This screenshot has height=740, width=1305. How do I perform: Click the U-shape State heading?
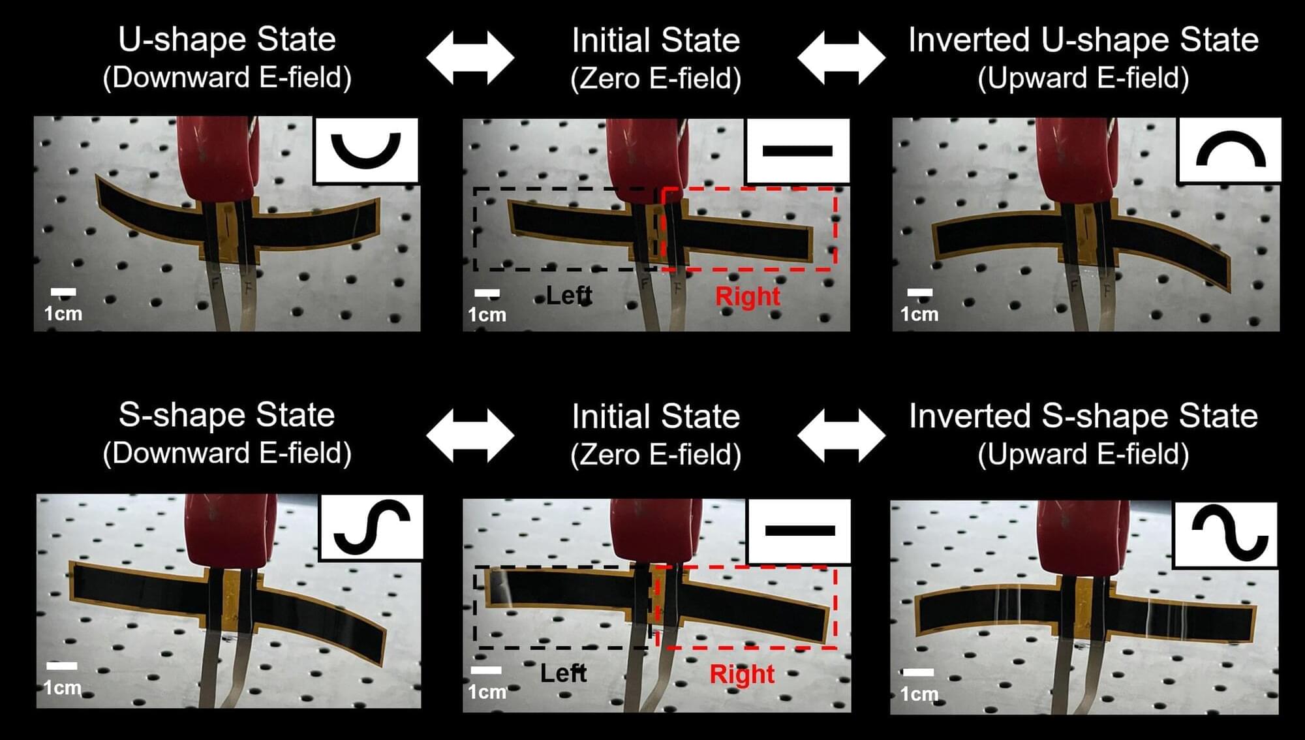tap(227, 39)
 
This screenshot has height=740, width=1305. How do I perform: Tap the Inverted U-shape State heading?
tap(1083, 40)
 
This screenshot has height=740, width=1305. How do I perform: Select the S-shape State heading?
tap(227, 415)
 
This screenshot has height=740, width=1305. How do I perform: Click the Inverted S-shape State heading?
tap(1083, 416)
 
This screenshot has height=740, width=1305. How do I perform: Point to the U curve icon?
tap(365, 150)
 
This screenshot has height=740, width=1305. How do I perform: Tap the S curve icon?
tap(372, 527)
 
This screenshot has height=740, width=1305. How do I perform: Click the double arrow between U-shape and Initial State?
tap(470, 57)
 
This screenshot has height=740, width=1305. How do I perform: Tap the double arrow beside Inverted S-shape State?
tap(842, 435)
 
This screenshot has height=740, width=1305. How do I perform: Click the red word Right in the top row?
tap(748, 296)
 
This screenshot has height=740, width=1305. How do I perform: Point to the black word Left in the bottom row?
tap(564, 673)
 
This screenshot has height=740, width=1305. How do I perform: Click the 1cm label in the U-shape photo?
tap(63, 314)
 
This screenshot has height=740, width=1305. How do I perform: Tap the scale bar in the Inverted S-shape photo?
tap(918, 672)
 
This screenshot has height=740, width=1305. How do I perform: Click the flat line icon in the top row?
tap(797, 151)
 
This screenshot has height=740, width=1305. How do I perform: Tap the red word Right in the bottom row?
tap(743, 674)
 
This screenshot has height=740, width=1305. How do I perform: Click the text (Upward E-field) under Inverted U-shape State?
tap(1083, 78)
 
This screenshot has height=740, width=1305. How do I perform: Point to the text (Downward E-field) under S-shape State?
tap(227, 454)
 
